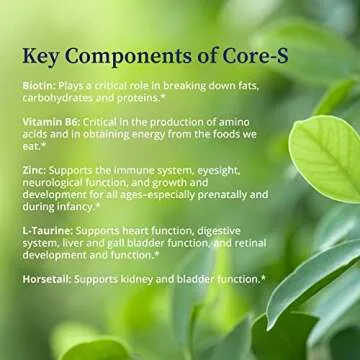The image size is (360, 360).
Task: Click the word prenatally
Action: [216, 197]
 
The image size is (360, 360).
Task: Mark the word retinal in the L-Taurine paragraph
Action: [243, 244]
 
